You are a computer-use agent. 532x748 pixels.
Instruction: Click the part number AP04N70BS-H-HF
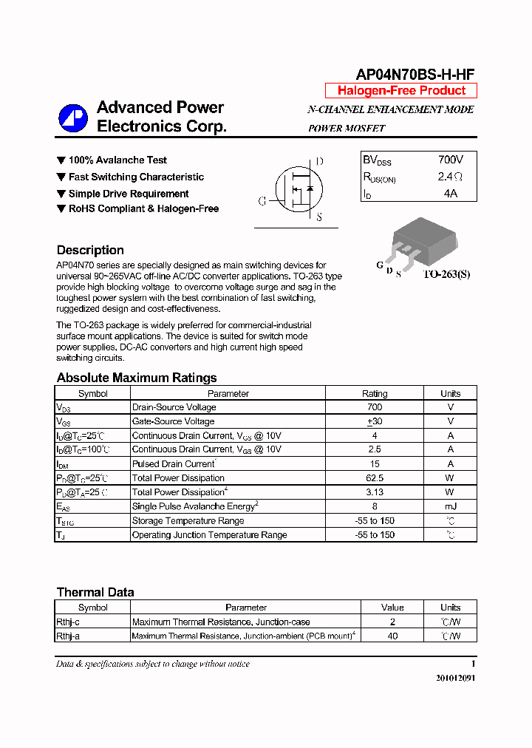[415, 74]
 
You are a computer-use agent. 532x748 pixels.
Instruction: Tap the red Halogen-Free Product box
[401, 91]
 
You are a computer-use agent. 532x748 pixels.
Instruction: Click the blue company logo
[73, 118]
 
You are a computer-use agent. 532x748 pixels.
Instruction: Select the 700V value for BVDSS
[450, 160]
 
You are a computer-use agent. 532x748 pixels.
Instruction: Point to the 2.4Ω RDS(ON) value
[450, 177]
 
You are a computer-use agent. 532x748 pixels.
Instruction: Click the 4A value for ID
[450, 194]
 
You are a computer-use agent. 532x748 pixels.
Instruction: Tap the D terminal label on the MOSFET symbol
[319, 162]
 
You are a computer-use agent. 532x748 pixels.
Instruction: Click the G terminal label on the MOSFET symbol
[262, 201]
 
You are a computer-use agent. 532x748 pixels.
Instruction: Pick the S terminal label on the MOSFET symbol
[318, 218]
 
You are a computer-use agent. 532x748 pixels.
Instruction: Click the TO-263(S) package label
[446, 274]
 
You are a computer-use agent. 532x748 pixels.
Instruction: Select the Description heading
[90, 250]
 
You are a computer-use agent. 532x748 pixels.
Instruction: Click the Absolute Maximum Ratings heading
[137, 378]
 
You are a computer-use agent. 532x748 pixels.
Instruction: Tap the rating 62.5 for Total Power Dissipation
[375, 478]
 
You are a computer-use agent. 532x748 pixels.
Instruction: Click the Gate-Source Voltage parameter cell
[173, 421]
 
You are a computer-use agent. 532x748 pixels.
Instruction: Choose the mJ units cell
[450, 506]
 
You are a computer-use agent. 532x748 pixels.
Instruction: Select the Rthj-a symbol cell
[68, 636]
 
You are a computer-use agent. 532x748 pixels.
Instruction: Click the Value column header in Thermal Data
[392, 608]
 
